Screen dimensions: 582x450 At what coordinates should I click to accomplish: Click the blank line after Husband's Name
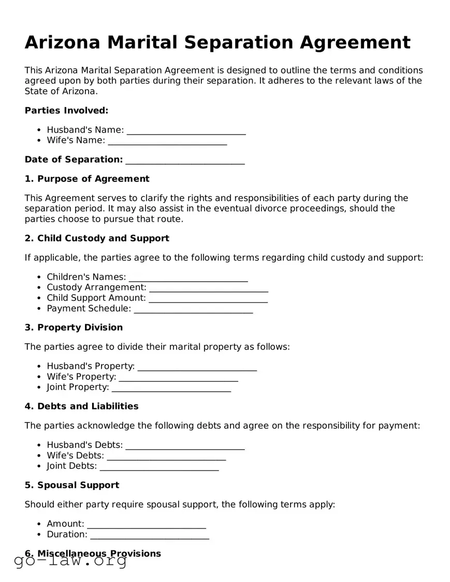[186, 130]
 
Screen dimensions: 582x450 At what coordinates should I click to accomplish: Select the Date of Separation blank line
[185, 159]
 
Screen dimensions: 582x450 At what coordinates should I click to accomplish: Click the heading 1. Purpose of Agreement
[87, 179]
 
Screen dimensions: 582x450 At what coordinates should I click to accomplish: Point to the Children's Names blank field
[188, 277]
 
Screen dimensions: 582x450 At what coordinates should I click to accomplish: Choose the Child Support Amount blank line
[208, 298]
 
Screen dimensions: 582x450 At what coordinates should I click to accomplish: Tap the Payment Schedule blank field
[193, 309]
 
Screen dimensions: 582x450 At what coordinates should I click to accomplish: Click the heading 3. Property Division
[74, 327]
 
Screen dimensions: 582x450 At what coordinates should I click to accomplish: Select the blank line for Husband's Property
[197, 367]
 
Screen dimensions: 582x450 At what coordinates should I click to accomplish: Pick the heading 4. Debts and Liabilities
[81, 406]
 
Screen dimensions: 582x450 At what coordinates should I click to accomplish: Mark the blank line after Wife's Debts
[166, 456]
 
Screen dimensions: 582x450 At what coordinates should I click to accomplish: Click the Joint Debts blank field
[159, 466]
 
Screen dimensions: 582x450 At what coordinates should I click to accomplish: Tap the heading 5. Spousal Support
[72, 485]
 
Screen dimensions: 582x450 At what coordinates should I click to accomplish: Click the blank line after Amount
[147, 524]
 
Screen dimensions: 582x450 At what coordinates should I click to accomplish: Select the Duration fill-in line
[150, 534]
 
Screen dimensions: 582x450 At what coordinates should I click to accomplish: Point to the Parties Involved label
[66, 110]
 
